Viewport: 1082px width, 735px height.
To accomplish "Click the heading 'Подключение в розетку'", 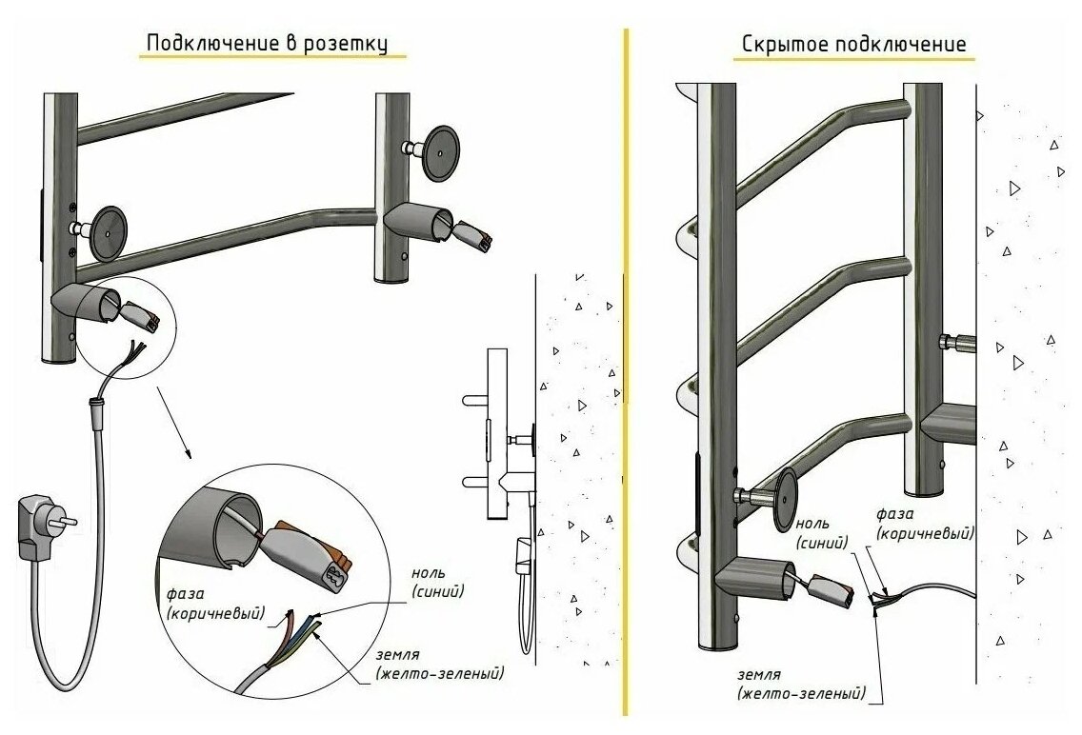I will pos(267,44).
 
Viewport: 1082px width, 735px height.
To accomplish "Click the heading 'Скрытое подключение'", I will pos(852,45).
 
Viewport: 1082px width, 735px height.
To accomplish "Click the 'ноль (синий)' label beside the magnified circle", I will pos(439,582).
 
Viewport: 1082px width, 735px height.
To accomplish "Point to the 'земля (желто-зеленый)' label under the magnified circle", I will pos(439,664).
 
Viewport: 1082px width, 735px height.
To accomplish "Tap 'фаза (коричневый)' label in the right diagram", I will pos(925,523).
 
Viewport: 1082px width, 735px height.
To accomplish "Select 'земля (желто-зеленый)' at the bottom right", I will pos(800,683).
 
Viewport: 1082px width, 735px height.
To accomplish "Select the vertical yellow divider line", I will pos(626,371).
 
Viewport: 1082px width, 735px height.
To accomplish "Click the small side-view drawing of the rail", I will pos(505,447).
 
